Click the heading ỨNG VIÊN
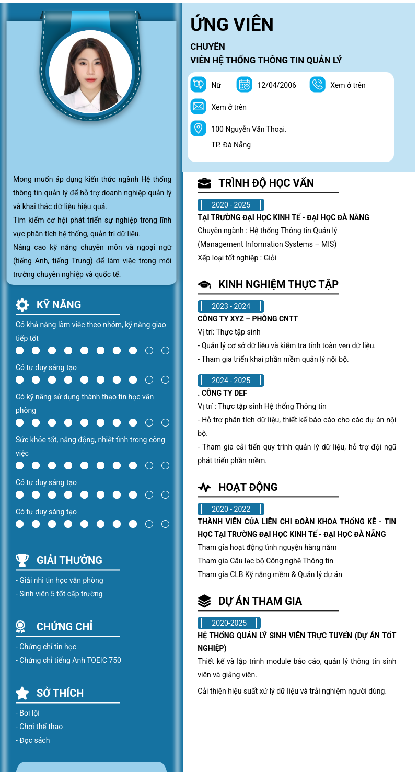(x=231, y=25)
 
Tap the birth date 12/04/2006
(x=276, y=85)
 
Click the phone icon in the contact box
(x=317, y=85)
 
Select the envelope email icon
(x=198, y=107)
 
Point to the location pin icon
(x=198, y=128)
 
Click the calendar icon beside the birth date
(x=244, y=85)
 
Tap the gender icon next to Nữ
(x=198, y=85)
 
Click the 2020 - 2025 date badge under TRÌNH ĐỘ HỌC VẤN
(x=230, y=205)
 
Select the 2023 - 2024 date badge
(x=230, y=306)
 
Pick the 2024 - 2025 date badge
(x=230, y=381)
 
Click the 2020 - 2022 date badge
(x=230, y=509)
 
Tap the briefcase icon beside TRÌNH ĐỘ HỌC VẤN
(x=204, y=183)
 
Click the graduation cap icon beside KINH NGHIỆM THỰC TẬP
(x=204, y=284)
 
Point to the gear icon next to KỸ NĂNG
(x=22, y=305)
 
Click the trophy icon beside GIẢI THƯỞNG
(x=22, y=560)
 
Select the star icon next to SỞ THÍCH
(x=22, y=693)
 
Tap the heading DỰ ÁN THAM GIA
(x=260, y=601)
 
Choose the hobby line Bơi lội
(x=29, y=713)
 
